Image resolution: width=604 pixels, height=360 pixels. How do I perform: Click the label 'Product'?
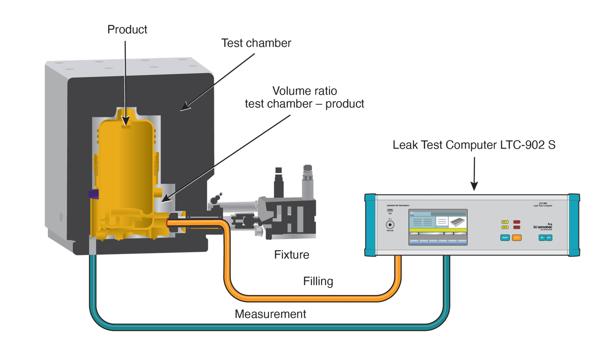point(127,30)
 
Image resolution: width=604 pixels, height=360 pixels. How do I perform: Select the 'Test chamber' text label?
point(256,43)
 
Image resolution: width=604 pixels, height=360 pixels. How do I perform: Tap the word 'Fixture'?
point(291,255)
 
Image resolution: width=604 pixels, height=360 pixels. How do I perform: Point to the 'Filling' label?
point(318,281)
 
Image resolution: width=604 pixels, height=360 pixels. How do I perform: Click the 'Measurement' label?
point(270,314)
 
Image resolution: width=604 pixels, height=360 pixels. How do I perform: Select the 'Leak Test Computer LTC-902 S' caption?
point(474,145)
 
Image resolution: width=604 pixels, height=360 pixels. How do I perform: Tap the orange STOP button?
point(517,238)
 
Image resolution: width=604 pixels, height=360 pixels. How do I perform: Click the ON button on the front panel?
point(542,238)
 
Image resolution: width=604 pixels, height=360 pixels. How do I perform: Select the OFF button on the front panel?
point(549,238)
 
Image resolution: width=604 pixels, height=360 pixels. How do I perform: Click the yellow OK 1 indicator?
point(505,222)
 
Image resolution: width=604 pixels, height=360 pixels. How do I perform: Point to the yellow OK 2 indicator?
point(505,227)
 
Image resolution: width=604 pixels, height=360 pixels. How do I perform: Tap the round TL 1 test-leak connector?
point(389,225)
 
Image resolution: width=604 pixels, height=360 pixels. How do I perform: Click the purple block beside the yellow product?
point(94,193)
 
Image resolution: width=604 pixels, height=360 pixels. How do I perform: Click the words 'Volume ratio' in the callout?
point(304,91)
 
